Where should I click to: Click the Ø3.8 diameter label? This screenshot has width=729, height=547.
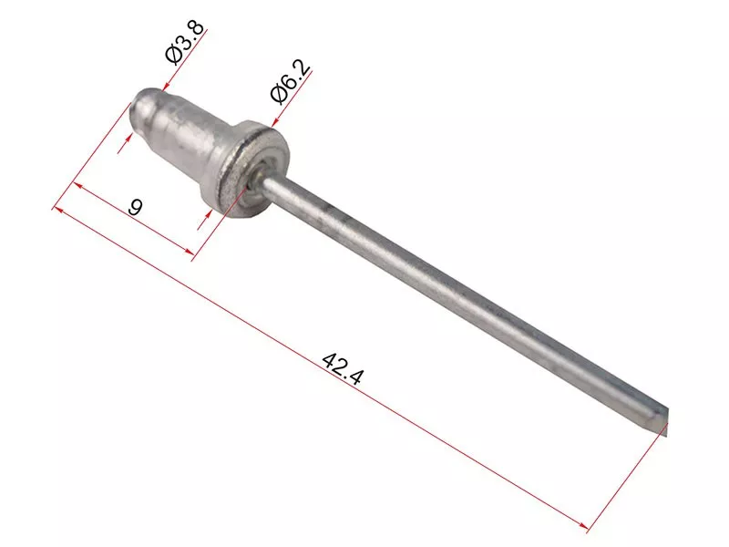(x=185, y=42)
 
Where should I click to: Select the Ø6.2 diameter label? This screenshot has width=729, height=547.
(x=290, y=82)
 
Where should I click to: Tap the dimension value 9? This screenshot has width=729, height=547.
(x=135, y=207)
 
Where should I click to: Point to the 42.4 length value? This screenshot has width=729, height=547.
(x=342, y=369)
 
